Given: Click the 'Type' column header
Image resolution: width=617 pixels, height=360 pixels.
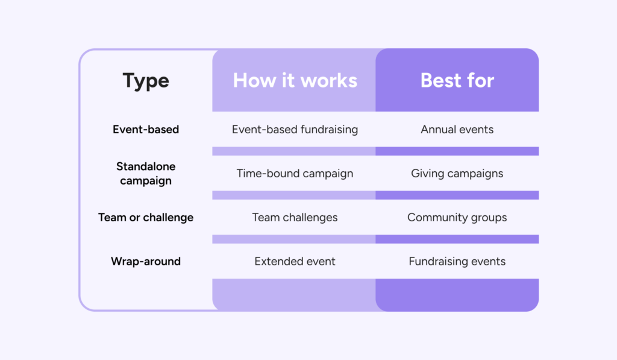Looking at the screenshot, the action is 146,81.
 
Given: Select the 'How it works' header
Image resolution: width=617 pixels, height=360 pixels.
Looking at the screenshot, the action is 295,80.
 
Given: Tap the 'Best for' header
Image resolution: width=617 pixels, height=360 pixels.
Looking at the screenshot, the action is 457,80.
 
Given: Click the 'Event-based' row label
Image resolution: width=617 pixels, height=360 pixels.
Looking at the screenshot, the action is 146,129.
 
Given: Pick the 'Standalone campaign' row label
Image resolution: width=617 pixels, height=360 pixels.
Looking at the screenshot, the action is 146,173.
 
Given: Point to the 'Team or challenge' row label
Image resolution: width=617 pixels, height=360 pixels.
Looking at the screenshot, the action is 146,218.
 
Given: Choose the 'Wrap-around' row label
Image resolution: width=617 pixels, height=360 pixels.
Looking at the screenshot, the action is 146,261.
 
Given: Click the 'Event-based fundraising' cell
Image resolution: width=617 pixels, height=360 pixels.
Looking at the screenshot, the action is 295,129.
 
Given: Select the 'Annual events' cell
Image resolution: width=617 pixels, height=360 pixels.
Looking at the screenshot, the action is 457,129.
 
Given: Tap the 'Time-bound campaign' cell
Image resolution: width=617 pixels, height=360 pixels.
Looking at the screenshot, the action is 295,173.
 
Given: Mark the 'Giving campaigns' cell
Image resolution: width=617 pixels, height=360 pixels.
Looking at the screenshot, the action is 457,173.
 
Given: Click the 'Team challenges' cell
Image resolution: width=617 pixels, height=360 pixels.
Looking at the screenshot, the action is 295,218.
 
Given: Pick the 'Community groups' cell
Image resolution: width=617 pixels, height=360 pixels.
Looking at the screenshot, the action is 457,218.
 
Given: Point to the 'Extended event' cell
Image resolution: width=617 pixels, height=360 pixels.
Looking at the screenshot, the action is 295,261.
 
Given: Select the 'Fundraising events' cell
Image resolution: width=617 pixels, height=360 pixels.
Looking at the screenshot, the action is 457,261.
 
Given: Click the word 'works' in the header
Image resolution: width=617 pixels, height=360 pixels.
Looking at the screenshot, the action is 329,80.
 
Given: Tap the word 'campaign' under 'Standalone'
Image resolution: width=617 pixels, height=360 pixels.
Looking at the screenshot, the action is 146,181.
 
